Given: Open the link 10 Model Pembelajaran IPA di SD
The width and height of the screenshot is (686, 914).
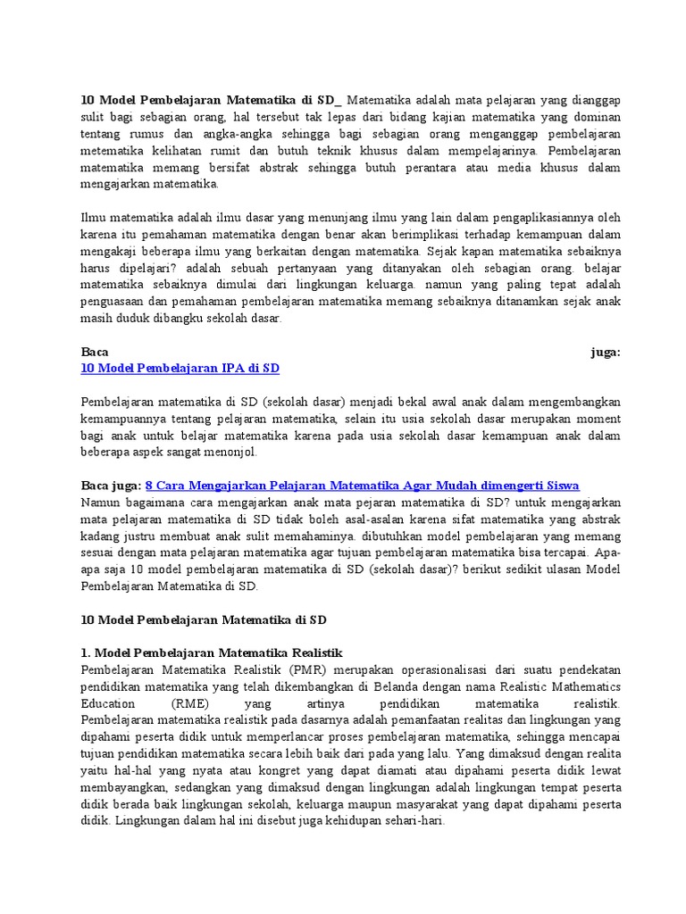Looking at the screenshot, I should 186,368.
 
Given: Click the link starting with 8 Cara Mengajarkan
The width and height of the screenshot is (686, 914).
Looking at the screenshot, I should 373,486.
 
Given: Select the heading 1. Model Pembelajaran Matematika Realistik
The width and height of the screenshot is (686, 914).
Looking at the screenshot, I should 212,652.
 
